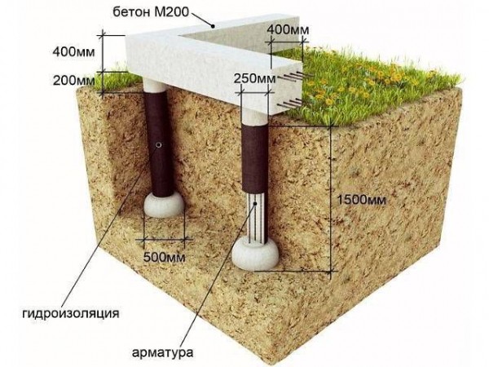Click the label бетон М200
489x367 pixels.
[151, 12]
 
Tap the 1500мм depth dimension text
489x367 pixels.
[362, 200]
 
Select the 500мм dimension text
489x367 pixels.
[164, 258]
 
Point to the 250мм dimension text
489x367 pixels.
[255, 79]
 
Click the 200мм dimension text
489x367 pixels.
[74, 81]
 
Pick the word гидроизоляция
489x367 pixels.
[71, 313]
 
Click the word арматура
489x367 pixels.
[162, 352]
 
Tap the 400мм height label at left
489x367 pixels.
[73, 52]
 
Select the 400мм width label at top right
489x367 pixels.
[289, 29]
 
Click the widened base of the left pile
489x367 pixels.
[164, 205]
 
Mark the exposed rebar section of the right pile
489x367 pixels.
[255, 217]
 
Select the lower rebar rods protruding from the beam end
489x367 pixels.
[290, 104]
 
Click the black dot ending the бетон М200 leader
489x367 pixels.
[214, 27]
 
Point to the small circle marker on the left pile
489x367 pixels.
[159, 145]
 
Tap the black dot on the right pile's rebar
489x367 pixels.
[255, 203]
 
